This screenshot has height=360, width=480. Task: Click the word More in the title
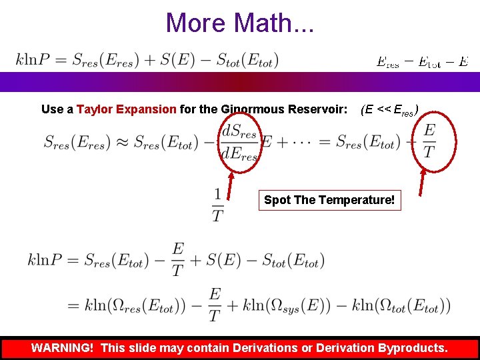[195, 23]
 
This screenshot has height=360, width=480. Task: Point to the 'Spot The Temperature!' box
[329, 200]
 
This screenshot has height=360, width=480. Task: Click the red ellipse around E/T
[429, 141]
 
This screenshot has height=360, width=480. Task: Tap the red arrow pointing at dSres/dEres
[231, 185]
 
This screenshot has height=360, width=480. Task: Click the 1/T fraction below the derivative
[217, 205]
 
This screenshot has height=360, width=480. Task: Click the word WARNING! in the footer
[63, 348]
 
